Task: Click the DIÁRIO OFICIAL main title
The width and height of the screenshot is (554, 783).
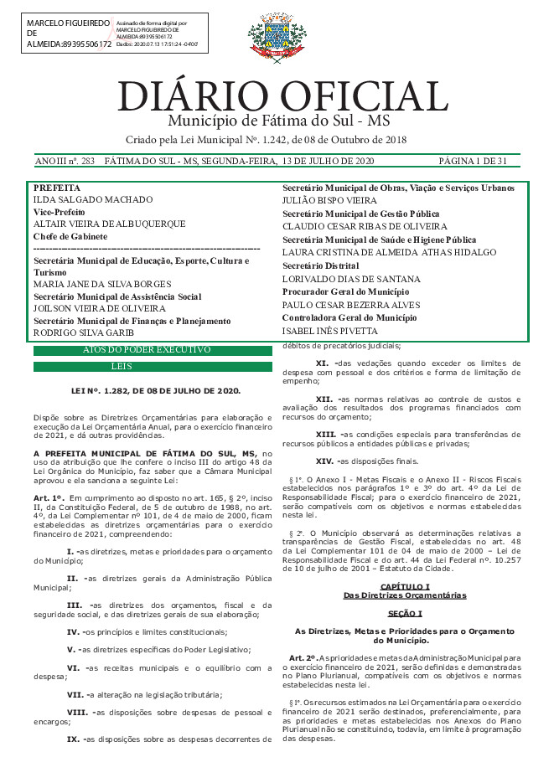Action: (x=282, y=97)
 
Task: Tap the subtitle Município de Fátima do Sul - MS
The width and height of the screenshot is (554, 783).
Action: (x=276, y=121)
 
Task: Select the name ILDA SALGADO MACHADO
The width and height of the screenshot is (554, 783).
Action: (x=92, y=200)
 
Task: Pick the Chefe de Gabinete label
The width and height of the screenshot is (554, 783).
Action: (x=70, y=237)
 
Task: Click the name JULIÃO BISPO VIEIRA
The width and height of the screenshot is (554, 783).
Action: (x=329, y=201)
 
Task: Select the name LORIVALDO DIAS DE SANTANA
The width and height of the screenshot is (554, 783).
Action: (x=350, y=278)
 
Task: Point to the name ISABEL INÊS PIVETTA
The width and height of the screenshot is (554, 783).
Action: (x=329, y=331)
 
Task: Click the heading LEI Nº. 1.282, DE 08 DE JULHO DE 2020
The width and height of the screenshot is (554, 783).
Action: (x=156, y=391)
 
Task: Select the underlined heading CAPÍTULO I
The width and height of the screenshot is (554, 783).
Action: (x=405, y=563)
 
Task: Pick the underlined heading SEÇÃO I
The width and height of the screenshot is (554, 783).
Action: (x=405, y=590)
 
